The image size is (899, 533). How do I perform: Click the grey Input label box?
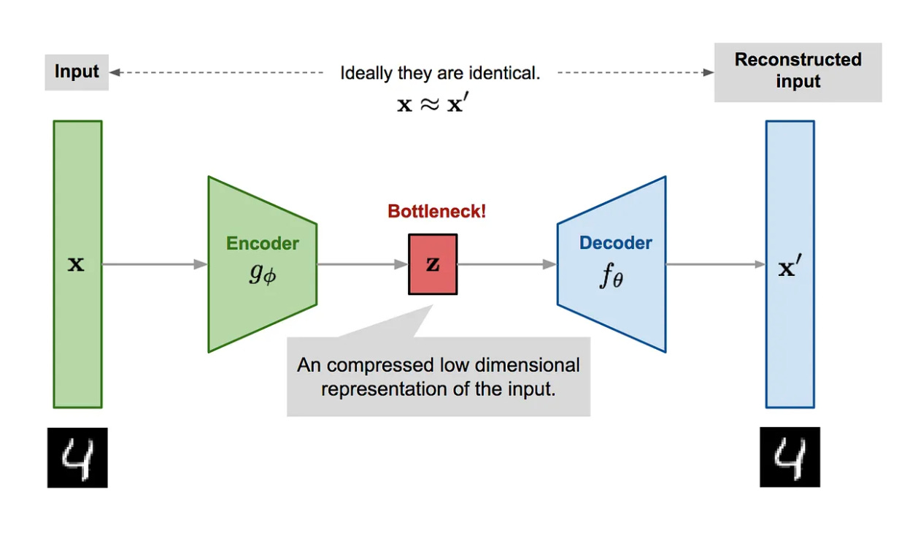(77, 72)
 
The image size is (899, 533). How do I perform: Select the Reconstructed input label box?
(798, 71)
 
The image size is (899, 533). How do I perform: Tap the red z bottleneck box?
(433, 264)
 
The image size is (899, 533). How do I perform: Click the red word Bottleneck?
(436, 212)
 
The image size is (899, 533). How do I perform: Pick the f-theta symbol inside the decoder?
(611, 277)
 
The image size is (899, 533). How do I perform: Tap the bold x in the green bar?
(76, 265)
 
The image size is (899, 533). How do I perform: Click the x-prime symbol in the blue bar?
(789, 268)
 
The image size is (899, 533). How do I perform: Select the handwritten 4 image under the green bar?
(77, 458)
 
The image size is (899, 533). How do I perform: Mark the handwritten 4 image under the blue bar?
(790, 458)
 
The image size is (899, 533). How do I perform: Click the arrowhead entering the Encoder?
(201, 264)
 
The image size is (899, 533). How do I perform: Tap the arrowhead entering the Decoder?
(550, 264)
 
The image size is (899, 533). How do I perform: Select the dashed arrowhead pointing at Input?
(115, 72)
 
